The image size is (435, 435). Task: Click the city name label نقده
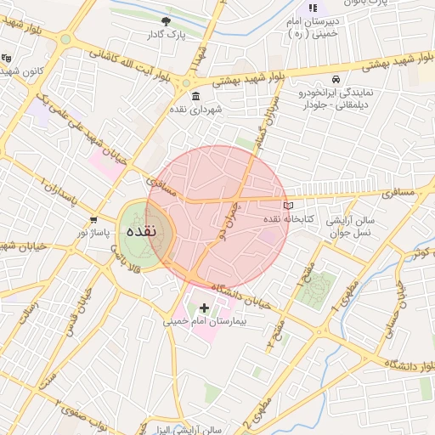pos(140,232)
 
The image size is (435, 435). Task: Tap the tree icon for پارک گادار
pos(165,20)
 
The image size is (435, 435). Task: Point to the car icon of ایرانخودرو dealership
pos(336,78)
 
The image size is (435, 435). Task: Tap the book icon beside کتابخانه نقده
pos(287,206)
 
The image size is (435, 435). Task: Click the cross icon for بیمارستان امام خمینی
pos(203,307)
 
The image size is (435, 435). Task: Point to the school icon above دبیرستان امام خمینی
pos(312,8)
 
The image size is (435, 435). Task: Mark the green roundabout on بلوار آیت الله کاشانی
pos(65,39)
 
